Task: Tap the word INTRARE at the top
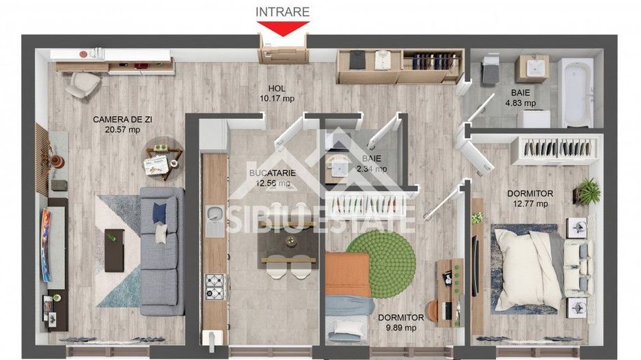(283, 12)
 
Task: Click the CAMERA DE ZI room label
(116, 120)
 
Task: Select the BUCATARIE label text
(273, 174)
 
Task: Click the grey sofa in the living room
(163, 249)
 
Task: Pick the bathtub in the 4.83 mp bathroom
(577, 92)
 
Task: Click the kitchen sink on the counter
(215, 220)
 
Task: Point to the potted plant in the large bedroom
(587, 191)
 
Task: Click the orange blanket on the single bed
(347, 273)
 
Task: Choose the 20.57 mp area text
(116, 130)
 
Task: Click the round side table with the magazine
(163, 158)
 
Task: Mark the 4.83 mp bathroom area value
(520, 104)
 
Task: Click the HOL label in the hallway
(277, 88)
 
